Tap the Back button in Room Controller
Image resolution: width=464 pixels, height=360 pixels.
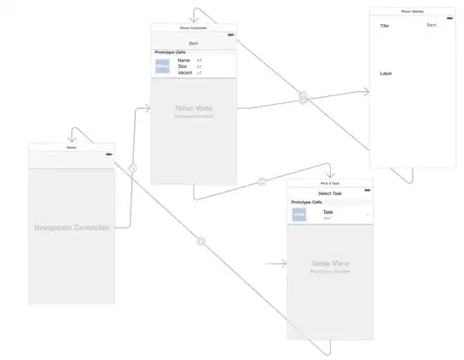[x=193, y=42]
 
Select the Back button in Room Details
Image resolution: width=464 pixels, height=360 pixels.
[x=431, y=25]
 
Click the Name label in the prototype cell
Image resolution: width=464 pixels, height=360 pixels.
[x=184, y=60]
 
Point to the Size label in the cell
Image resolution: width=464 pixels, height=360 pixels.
[x=183, y=67]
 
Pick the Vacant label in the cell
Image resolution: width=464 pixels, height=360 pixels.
[x=185, y=74]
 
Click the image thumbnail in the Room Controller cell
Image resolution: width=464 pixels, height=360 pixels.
[x=162, y=67]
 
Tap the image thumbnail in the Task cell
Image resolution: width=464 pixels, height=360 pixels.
[x=299, y=214]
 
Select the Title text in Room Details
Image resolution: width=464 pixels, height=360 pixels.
[x=386, y=26]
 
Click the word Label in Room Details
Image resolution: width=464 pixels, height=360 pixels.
[x=386, y=74]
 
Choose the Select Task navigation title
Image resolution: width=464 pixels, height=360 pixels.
[x=330, y=193]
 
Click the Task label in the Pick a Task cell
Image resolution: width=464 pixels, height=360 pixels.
[x=327, y=211]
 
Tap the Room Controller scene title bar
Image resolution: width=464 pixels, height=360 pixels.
[x=193, y=27]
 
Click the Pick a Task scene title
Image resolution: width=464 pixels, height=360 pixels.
[x=330, y=183]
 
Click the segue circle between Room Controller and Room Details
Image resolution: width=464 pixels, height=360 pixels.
[x=303, y=98]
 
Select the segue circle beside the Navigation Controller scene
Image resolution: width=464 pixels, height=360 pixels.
[x=132, y=168]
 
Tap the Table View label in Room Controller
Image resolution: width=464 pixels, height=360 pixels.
[x=193, y=109]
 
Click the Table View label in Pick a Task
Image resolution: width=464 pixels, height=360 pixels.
[x=330, y=263]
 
